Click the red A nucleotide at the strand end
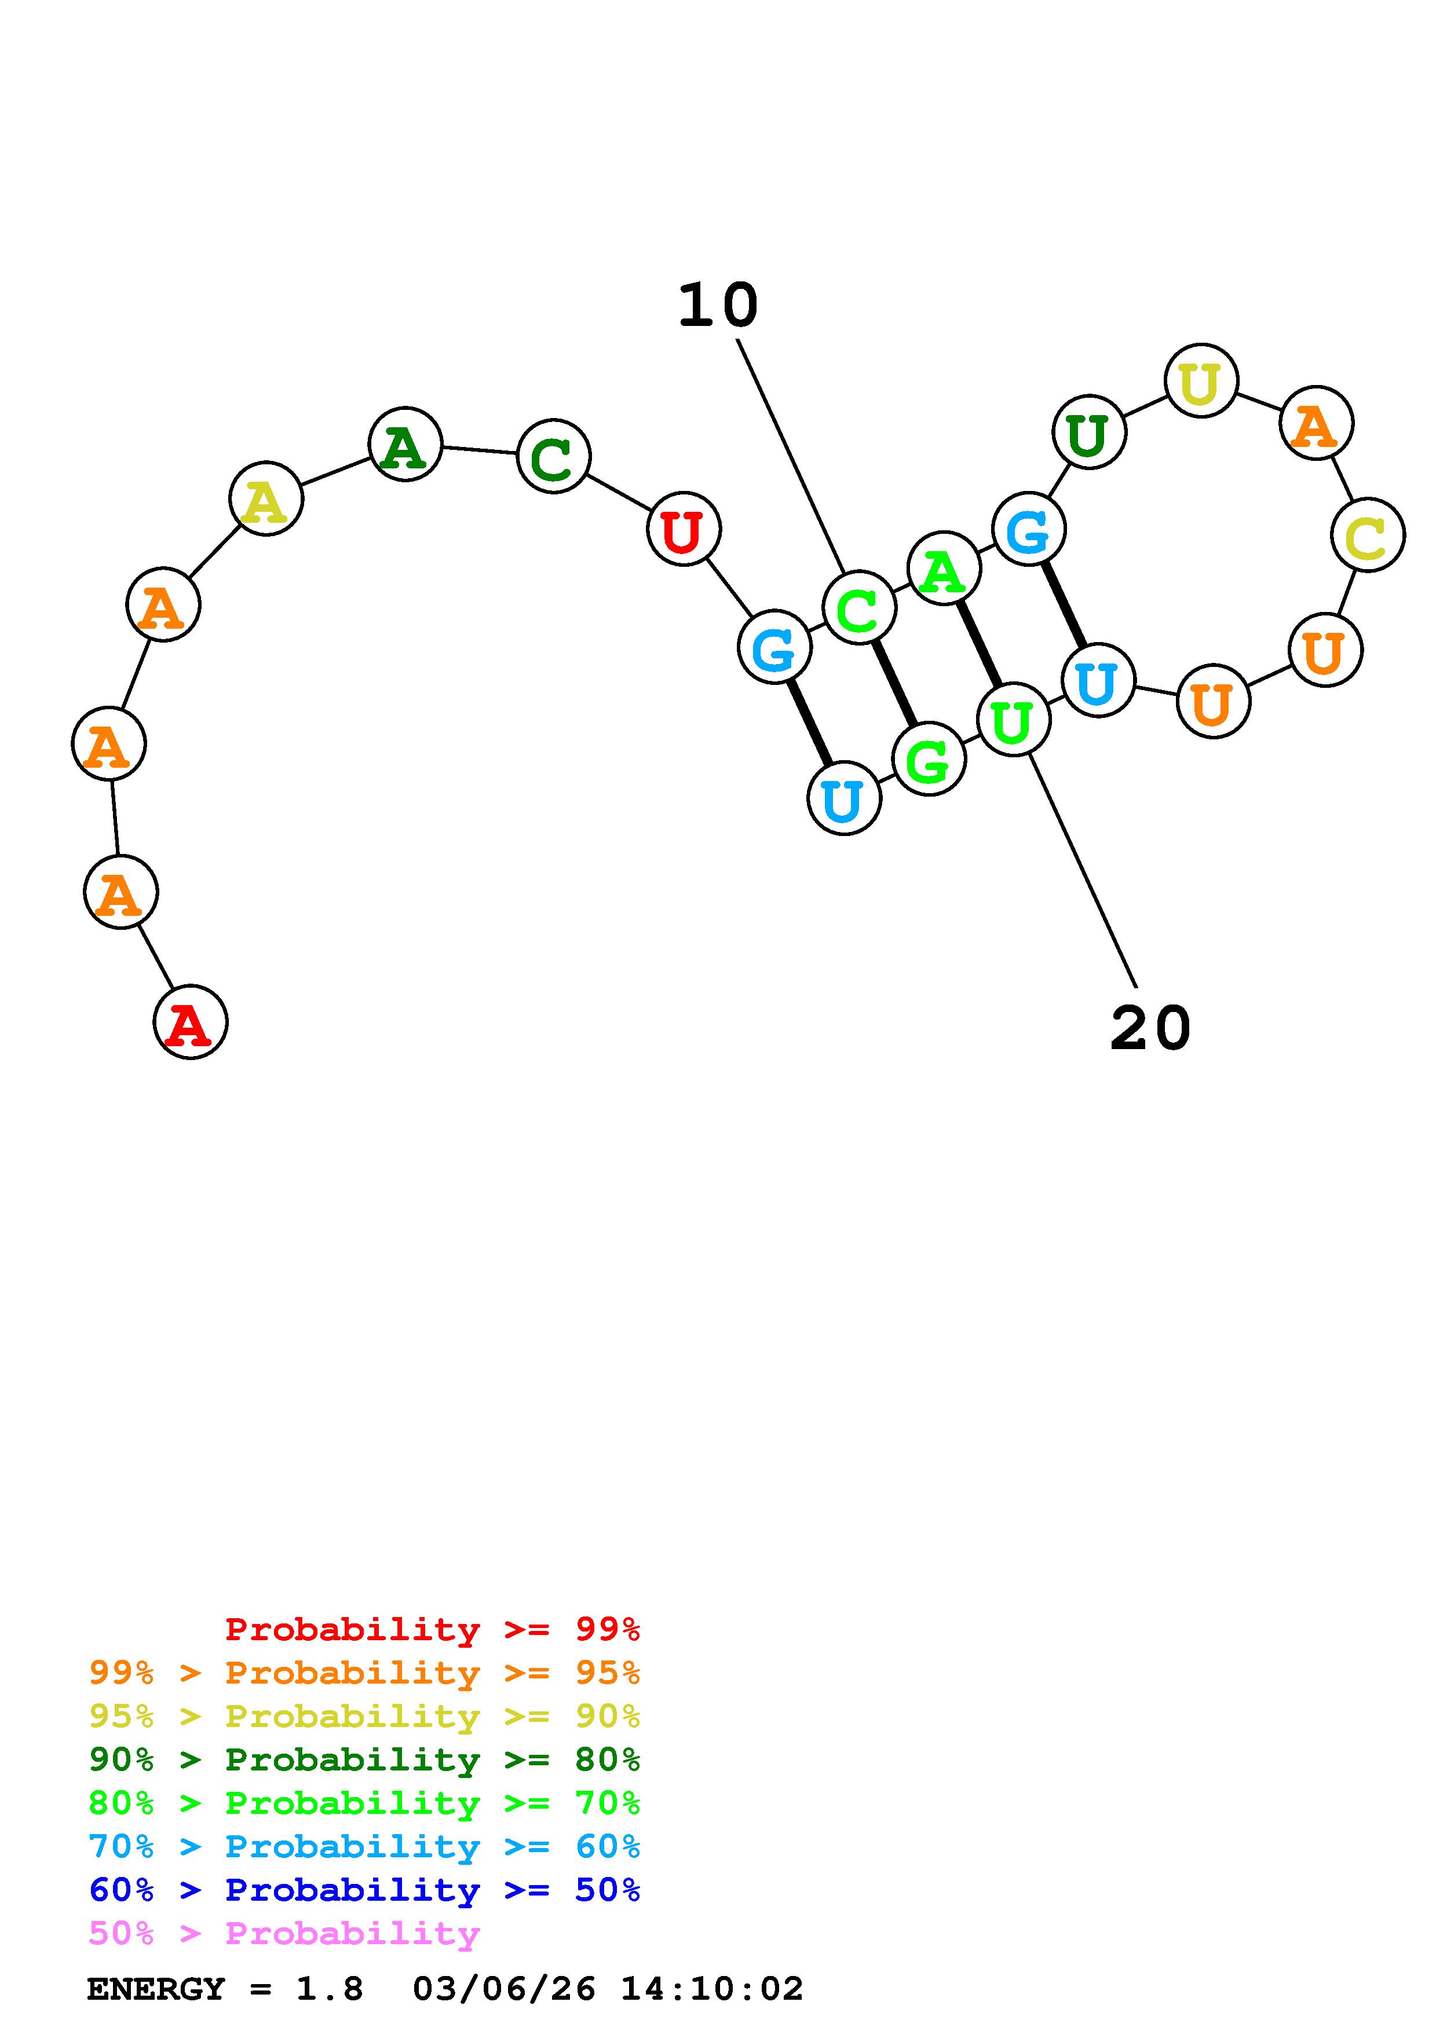pyautogui.click(x=190, y=1022)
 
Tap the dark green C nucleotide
pyautogui.click(x=553, y=456)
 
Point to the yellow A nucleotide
pyautogui.click(x=265, y=499)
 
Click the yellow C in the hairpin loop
pyautogui.click(x=1367, y=534)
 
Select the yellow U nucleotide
pyautogui.click(x=1201, y=380)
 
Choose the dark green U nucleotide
pyautogui.click(x=1088, y=432)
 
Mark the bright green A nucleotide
pyautogui.click(x=944, y=568)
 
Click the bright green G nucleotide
pyautogui.click(x=928, y=759)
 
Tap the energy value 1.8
pyautogui.click(x=329, y=1989)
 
